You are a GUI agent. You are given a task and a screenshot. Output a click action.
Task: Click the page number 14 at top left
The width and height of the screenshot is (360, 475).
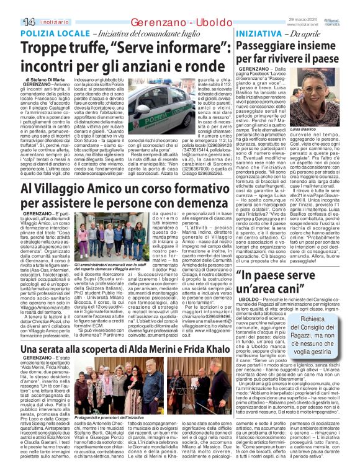click(x=12, y=6)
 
